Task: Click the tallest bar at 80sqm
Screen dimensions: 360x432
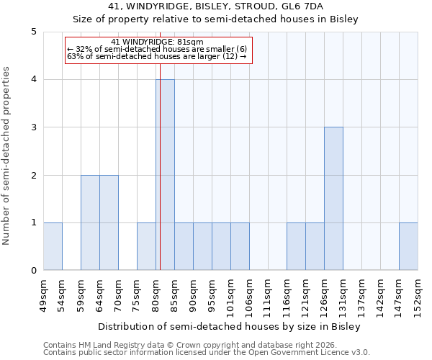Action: (x=165, y=175)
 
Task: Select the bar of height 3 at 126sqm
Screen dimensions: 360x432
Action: (x=333, y=199)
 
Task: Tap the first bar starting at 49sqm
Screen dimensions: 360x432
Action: (x=53, y=246)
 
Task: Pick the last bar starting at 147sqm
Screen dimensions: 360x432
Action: (x=408, y=246)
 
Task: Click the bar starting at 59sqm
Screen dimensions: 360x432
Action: (x=90, y=222)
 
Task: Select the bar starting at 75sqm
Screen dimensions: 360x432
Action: (x=146, y=246)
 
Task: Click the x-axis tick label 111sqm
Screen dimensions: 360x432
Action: (x=268, y=295)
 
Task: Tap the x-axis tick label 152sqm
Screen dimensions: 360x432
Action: (x=418, y=295)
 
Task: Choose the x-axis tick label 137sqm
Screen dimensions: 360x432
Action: (x=361, y=295)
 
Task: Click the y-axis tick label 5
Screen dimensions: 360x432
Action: (x=33, y=32)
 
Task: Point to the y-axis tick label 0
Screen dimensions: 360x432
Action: (x=33, y=271)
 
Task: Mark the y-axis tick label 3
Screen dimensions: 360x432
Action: (x=33, y=127)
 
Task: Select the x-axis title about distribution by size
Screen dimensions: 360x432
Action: (x=229, y=326)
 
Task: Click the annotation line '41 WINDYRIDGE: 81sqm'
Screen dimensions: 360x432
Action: (x=158, y=42)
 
